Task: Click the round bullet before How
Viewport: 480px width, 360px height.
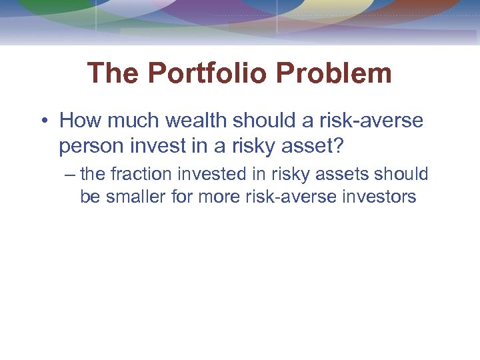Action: pos(43,121)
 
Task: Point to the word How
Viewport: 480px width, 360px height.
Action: pos(79,121)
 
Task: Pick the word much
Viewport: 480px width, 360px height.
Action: pos(130,121)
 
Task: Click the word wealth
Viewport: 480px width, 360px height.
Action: pos(193,121)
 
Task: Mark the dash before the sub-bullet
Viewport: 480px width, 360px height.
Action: pos(71,175)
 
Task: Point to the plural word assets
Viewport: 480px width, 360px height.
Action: pos(342,174)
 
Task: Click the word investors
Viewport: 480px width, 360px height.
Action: pos(378,197)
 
